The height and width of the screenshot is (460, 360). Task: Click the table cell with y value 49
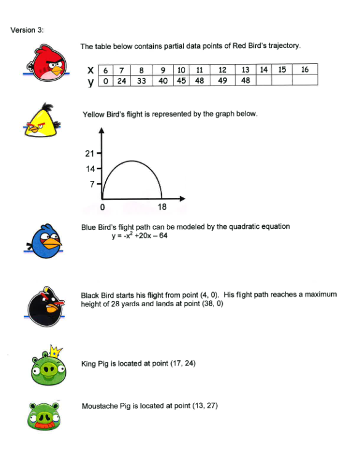pos(222,80)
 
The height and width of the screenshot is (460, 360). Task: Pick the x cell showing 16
pos(305,69)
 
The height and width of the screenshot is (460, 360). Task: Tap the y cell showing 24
pos(122,80)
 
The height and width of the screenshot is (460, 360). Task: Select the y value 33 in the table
pos(140,80)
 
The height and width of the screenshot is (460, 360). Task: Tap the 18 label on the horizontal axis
pos(162,207)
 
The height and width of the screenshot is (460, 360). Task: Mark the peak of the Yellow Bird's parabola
pos(131,161)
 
